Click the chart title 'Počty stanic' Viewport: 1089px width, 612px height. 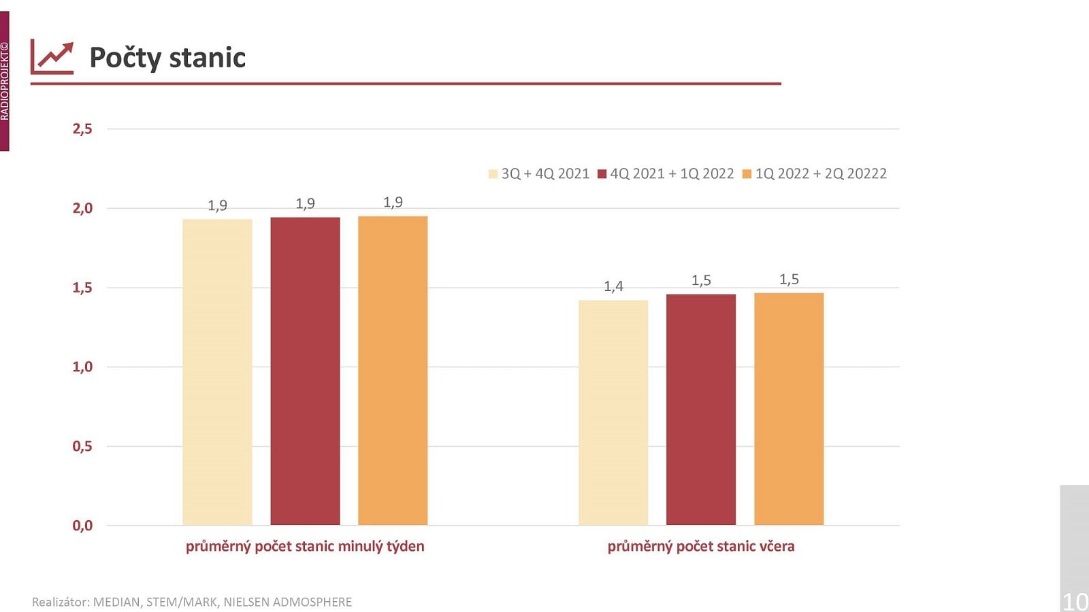(167, 58)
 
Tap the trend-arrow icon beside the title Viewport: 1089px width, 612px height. (52, 58)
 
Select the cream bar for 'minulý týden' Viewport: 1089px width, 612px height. (217, 372)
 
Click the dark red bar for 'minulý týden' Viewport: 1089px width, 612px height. (305, 371)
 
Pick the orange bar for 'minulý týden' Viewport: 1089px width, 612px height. (393, 371)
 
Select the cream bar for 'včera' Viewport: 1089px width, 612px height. (613, 413)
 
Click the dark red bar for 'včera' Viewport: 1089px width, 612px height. (701, 409)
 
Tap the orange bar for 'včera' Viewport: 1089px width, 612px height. (789, 409)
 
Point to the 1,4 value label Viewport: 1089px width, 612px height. (613, 286)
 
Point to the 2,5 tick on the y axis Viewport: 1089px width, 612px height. (82, 129)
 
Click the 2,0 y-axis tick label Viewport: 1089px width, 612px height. (82, 208)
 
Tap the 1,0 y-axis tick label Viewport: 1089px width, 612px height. (82, 367)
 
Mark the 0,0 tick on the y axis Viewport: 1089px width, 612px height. (82, 526)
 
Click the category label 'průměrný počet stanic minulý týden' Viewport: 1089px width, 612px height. (305, 546)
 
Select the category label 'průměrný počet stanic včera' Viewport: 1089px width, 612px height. (701, 546)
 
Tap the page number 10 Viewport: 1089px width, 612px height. (1075, 601)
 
